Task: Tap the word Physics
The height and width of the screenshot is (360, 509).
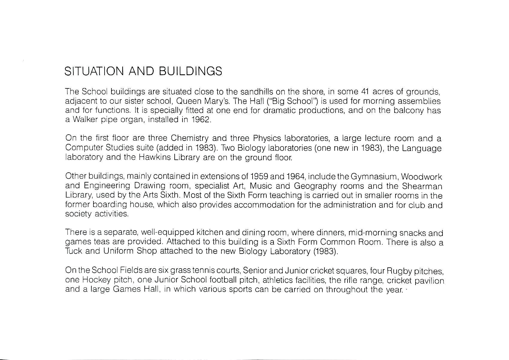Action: click(x=267, y=138)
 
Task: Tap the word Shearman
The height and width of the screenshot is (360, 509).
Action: click(x=422, y=186)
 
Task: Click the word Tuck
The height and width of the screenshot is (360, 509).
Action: click(x=73, y=251)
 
